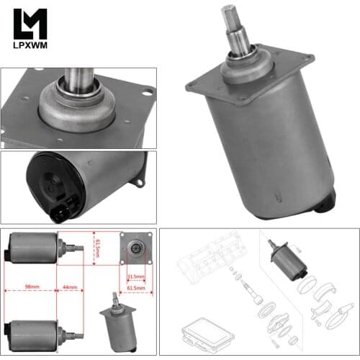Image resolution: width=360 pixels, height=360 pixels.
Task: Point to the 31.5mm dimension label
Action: (x=135, y=275)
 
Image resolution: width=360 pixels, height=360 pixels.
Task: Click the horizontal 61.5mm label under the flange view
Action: (x=135, y=288)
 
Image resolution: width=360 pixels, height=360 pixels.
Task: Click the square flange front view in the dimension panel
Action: (x=134, y=248)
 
